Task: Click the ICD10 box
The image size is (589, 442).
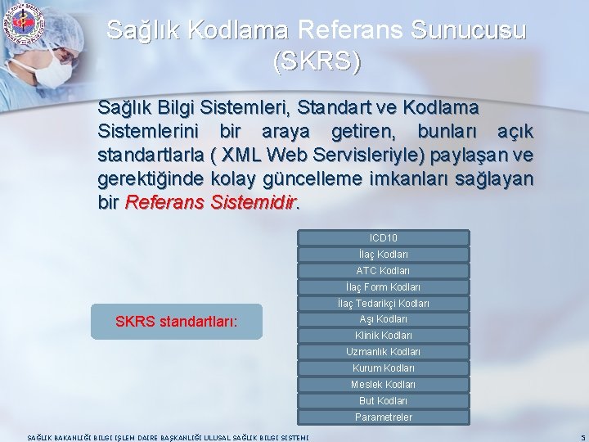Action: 383,238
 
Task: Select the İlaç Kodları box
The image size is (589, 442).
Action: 383,255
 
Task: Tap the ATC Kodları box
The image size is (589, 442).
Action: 383,271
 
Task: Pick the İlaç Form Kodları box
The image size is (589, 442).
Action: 383,287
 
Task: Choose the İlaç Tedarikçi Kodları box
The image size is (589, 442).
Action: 383,304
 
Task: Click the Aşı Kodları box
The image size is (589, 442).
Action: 383,319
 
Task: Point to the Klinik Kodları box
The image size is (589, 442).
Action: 383,336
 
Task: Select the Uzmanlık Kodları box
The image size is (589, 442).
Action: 383,352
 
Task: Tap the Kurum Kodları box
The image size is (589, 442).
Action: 383,368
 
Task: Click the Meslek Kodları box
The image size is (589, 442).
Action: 383,385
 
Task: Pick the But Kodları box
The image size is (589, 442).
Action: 383,401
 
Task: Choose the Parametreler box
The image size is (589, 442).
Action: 383,417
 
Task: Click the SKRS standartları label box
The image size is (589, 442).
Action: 177,322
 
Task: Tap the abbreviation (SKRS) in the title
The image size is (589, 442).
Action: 317,61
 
